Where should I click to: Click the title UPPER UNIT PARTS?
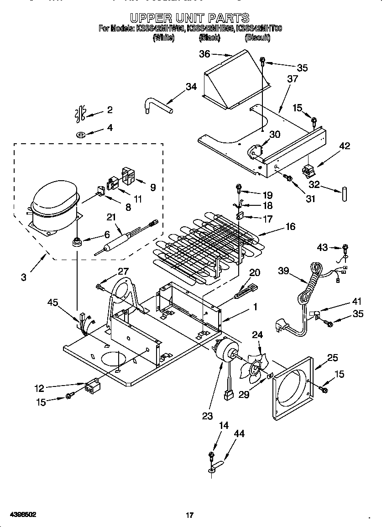tap(189, 18)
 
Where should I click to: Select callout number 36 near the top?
tap(204, 54)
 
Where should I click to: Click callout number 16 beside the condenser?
tap(290, 226)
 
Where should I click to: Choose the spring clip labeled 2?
tap(80, 114)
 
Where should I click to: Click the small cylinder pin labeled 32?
tap(343, 192)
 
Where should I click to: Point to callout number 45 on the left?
tap(53, 302)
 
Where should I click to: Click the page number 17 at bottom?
tap(190, 516)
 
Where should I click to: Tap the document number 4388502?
tap(19, 515)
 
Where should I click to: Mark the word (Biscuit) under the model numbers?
tap(257, 38)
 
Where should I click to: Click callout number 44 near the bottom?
tap(239, 433)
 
